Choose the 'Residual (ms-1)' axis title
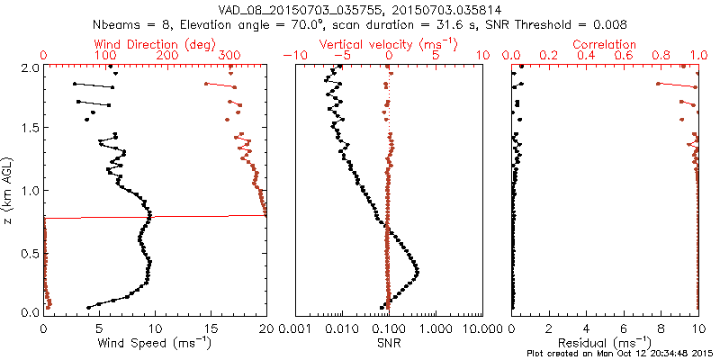click(607, 343)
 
